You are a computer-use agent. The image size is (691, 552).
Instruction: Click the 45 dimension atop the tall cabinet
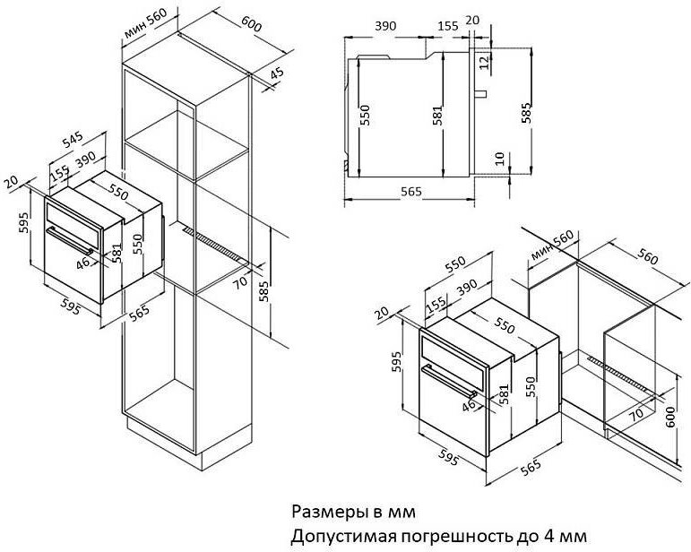(x=277, y=73)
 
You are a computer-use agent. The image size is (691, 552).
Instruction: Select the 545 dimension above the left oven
(x=73, y=140)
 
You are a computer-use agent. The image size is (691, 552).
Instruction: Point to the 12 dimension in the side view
(x=485, y=62)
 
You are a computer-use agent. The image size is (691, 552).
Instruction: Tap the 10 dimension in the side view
(x=499, y=159)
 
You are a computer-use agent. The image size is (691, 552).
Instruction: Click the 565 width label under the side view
(x=411, y=192)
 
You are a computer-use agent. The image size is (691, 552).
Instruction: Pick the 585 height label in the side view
(x=526, y=113)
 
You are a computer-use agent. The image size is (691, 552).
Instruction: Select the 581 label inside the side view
(x=437, y=116)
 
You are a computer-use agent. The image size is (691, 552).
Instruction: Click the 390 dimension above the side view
(x=385, y=26)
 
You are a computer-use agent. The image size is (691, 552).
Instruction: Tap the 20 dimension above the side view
(x=472, y=20)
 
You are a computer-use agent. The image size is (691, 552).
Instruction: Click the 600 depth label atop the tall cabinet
(x=252, y=24)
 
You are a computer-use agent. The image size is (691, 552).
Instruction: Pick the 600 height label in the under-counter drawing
(x=669, y=417)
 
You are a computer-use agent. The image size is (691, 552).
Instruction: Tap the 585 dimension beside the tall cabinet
(x=264, y=290)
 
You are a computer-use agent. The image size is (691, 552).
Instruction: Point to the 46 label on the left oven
(x=82, y=263)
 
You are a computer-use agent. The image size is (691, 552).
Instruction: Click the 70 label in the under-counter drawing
(x=636, y=413)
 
